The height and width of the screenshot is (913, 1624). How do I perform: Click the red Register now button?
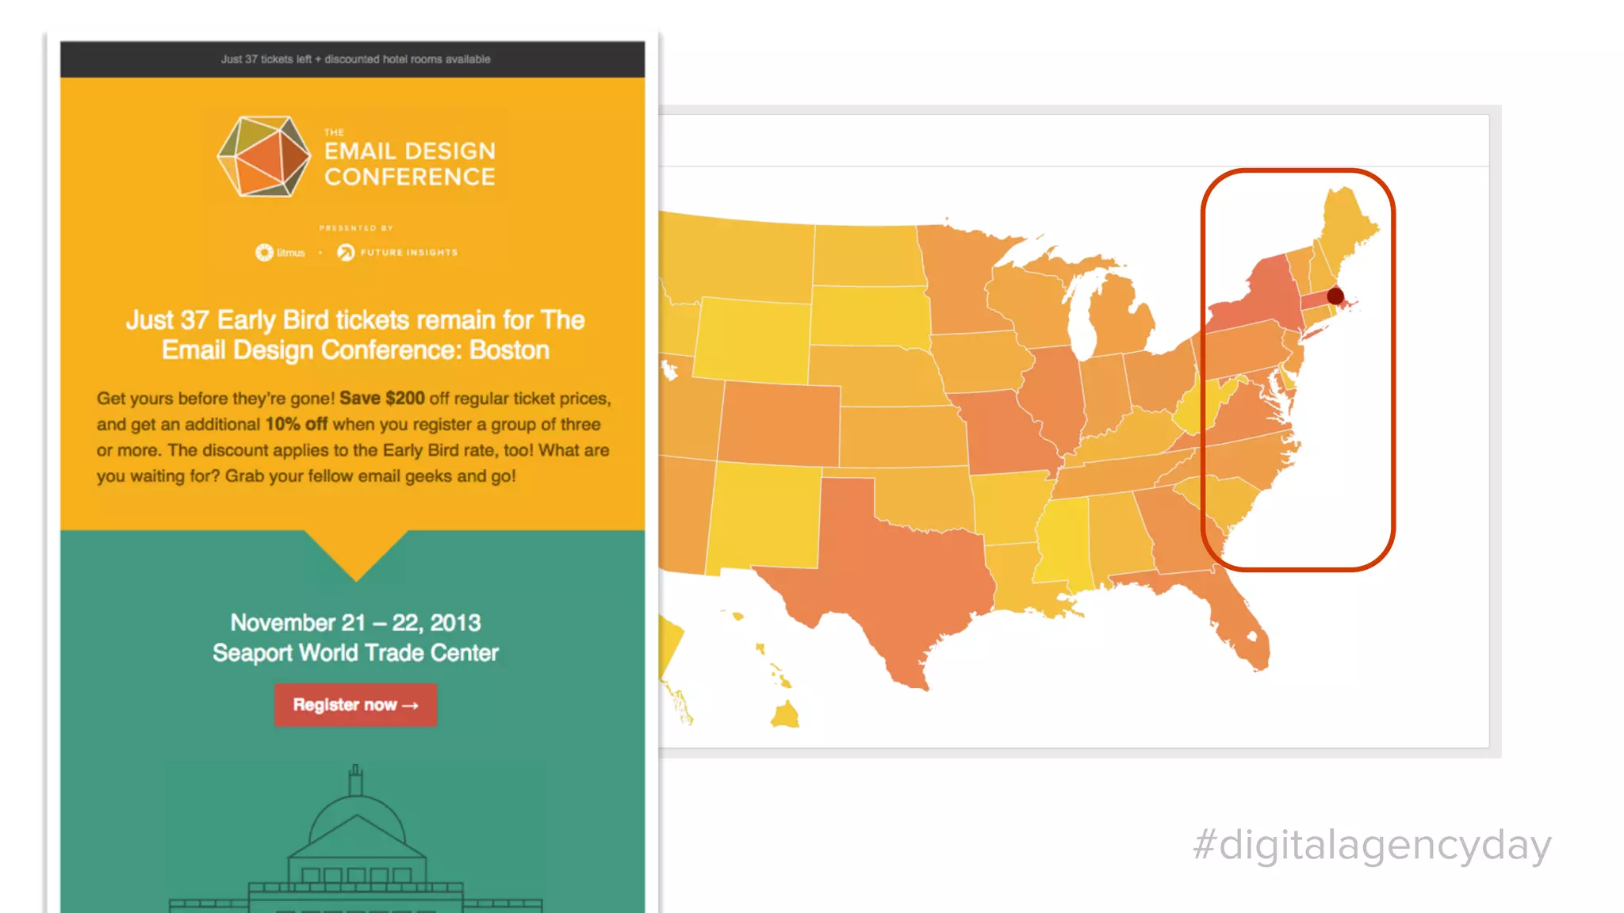point(355,705)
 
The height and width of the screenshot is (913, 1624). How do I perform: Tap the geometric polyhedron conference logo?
point(264,156)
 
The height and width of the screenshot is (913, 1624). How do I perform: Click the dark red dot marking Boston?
point(1335,296)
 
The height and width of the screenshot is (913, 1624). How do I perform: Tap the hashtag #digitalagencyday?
point(1372,845)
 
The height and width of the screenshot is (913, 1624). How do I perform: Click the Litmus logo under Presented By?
point(280,253)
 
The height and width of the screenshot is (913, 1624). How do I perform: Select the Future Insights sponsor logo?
point(398,253)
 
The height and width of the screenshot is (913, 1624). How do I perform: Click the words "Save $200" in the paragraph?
point(381,398)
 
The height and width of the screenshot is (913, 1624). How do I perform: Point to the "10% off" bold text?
point(296,424)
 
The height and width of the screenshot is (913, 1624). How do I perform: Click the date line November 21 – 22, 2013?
point(355,623)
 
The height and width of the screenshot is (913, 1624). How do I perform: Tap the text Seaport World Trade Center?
point(355,653)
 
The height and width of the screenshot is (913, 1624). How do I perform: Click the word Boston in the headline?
point(509,350)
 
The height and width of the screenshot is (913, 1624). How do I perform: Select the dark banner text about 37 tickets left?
point(355,59)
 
